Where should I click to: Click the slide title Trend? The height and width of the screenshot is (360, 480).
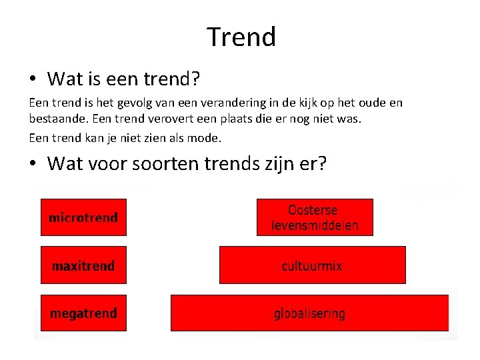tap(241, 37)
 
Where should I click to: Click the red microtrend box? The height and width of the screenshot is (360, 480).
tap(83, 217)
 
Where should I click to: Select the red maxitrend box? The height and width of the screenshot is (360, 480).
tap(83, 265)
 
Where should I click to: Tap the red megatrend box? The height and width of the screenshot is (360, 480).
tap(83, 313)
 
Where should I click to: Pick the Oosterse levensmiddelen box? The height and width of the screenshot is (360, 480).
tap(315, 217)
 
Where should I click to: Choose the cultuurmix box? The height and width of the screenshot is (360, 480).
tap(312, 265)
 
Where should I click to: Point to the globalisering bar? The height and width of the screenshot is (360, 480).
tap(309, 313)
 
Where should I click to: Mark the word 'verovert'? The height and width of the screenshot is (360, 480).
tap(148, 121)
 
